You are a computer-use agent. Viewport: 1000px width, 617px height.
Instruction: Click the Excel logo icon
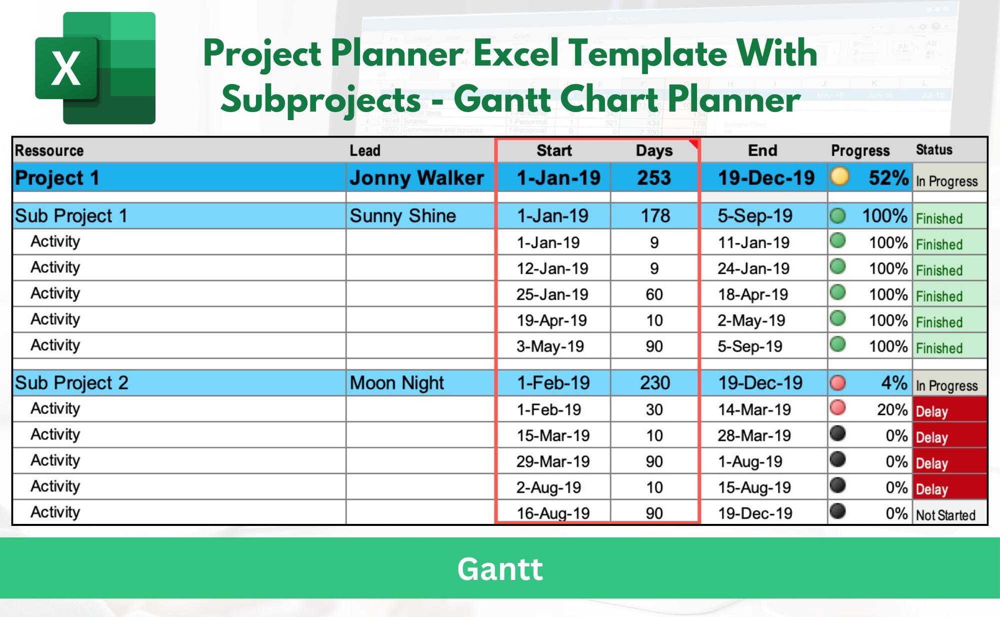pyautogui.click(x=95, y=68)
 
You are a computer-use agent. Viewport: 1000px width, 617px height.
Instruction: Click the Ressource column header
pyautogui.click(x=49, y=151)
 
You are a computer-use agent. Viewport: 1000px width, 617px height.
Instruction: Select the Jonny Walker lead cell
pyautogui.click(x=416, y=178)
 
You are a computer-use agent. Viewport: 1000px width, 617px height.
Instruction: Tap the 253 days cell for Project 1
pyautogui.click(x=653, y=178)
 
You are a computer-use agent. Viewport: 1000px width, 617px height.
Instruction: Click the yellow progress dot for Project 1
pyautogui.click(x=839, y=176)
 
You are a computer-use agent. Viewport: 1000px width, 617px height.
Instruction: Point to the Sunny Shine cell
pyautogui.click(x=402, y=216)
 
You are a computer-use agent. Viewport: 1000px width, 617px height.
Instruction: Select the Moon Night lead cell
pyautogui.click(x=396, y=383)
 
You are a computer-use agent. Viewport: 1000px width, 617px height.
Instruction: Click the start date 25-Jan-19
pyautogui.click(x=552, y=295)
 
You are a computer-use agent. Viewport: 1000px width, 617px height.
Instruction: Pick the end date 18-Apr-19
pyautogui.click(x=752, y=295)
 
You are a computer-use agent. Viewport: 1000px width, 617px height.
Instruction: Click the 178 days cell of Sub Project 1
pyautogui.click(x=655, y=216)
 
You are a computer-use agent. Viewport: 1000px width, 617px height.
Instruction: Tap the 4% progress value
pyautogui.click(x=893, y=383)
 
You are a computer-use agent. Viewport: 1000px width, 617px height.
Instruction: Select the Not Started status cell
pyautogui.click(x=945, y=515)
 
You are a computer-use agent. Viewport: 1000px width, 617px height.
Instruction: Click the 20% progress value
pyautogui.click(x=892, y=410)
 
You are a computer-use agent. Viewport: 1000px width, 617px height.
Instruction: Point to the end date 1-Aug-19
pyautogui.click(x=749, y=461)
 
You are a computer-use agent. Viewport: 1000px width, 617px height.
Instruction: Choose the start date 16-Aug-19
pyautogui.click(x=552, y=513)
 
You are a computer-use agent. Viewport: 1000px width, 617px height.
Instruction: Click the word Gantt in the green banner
pyautogui.click(x=499, y=569)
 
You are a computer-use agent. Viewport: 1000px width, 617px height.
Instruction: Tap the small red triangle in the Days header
pyautogui.click(x=694, y=144)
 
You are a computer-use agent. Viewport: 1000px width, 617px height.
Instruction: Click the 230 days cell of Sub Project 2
pyautogui.click(x=654, y=383)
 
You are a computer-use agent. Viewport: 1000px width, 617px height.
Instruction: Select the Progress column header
pyautogui.click(x=860, y=151)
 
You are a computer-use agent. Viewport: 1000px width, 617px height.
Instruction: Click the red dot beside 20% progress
pyautogui.click(x=837, y=408)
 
